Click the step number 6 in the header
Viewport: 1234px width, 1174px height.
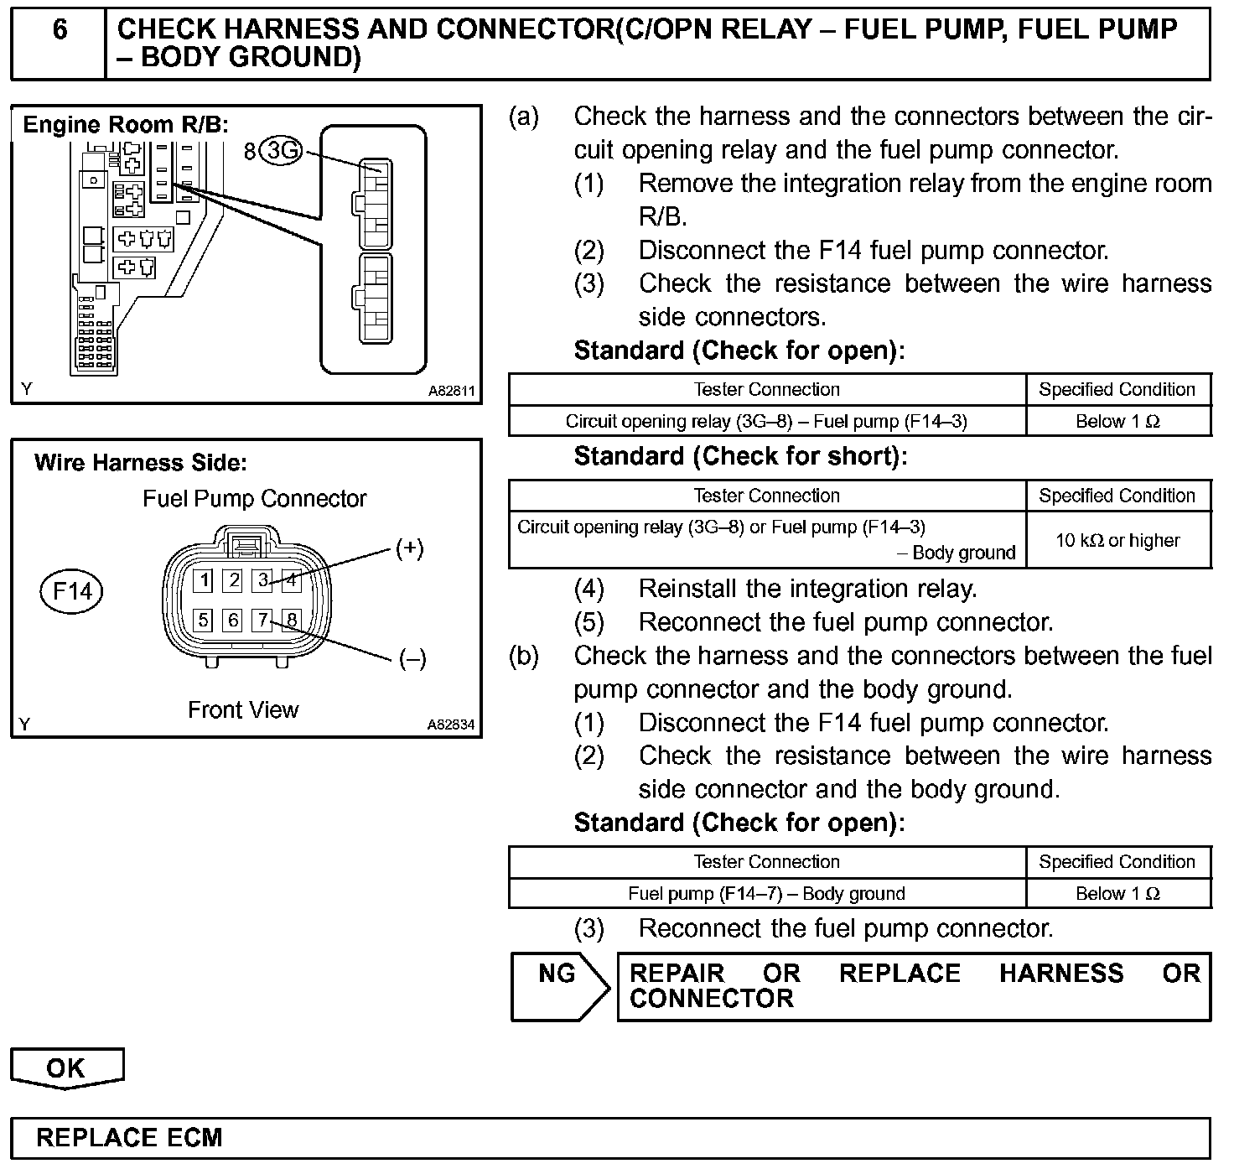(x=60, y=30)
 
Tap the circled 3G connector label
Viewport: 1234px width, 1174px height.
(x=281, y=151)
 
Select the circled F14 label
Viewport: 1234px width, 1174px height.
(x=72, y=591)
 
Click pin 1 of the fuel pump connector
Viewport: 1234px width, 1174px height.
(x=204, y=579)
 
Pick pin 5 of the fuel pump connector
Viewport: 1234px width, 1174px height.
(x=204, y=620)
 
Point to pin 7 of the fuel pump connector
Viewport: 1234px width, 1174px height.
(x=263, y=620)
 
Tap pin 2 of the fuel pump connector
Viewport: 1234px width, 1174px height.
(x=234, y=579)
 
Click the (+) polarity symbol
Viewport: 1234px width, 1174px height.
(x=409, y=549)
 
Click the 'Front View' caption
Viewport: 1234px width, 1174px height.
(x=243, y=710)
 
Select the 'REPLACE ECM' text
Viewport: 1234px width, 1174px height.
(x=129, y=1138)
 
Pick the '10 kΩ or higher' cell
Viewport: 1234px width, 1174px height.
(x=1117, y=540)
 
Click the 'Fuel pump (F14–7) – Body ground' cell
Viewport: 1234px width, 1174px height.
(x=766, y=894)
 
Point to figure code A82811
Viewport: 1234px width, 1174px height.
(x=451, y=391)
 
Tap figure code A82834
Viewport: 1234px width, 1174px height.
(x=451, y=725)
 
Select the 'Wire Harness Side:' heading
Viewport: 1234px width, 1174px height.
(x=141, y=463)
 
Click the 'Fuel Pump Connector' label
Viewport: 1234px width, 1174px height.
(x=255, y=499)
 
